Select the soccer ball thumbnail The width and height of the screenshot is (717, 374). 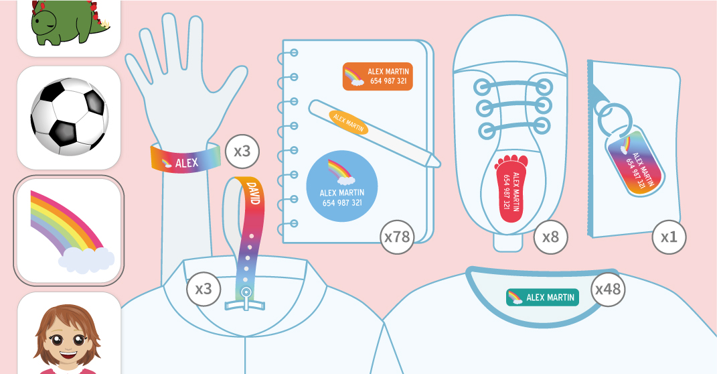point(68,115)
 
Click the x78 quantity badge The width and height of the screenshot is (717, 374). point(397,236)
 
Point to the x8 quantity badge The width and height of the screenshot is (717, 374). point(551,236)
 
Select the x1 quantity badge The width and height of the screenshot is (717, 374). point(669,237)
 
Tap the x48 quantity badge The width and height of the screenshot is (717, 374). point(609,289)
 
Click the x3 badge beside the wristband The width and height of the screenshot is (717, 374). point(242,151)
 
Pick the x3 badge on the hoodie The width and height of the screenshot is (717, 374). point(203,289)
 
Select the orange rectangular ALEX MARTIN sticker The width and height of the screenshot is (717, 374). point(378,76)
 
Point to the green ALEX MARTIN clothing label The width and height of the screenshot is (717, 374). point(542,297)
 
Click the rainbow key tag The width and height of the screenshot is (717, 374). point(634,162)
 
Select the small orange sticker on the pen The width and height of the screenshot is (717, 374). point(349,122)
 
